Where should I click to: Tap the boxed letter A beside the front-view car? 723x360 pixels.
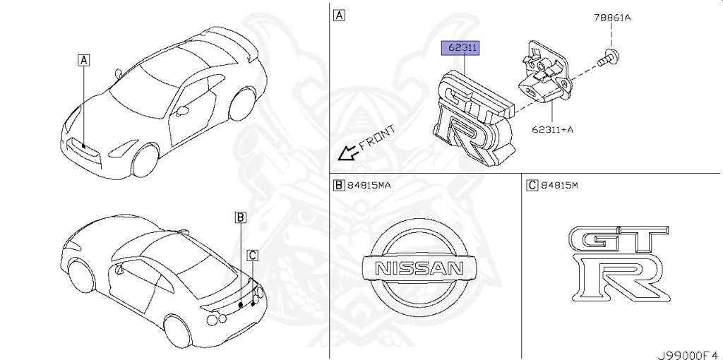point(84,61)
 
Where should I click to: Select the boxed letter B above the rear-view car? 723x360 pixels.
point(240,217)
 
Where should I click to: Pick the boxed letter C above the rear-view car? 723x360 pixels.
point(252,255)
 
